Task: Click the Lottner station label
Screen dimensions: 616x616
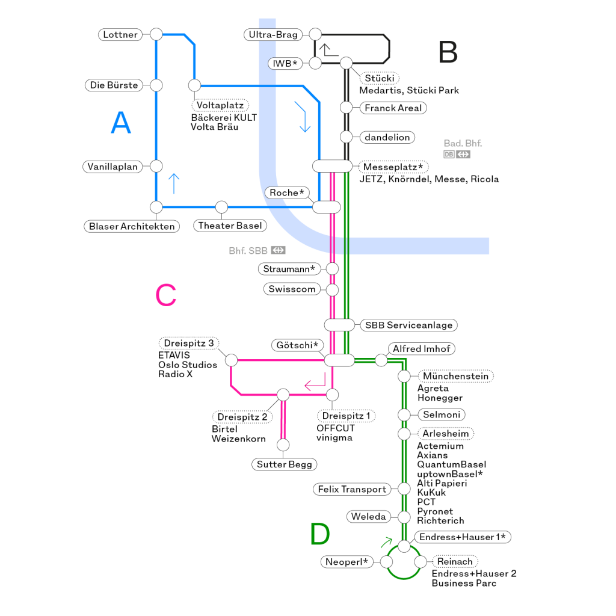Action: click(120, 35)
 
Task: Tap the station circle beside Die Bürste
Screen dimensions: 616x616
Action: click(156, 85)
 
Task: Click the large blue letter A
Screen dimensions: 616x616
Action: click(121, 123)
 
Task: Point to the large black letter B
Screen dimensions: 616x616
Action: click(448, 53)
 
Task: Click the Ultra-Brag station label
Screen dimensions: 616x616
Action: click(273, 35)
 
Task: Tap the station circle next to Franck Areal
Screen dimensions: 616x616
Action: click(346, 108)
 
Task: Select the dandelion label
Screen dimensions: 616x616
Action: click(387, 138)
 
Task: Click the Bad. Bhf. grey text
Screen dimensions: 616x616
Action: click(463, 143)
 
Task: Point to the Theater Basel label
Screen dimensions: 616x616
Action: click(230, 226)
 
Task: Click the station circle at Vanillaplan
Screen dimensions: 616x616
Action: click(156, 166)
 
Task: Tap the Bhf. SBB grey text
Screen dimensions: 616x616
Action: click(248, 250)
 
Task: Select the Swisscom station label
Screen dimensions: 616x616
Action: click(292, 289)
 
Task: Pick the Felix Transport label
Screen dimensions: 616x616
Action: click(352, 490)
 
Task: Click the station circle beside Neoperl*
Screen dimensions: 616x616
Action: click(386, 562)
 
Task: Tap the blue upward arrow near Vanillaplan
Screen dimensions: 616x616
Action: click(174, 183)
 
